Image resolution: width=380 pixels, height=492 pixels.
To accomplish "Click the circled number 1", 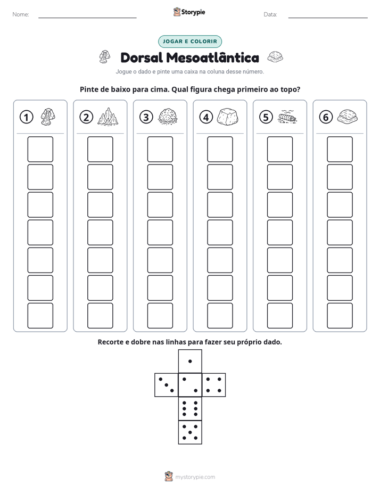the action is click(x=26, y=117).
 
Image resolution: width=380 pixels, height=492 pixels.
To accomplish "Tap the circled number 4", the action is click(x=206, y=117).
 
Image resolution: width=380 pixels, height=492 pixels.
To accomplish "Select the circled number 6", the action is click(x=326, y=117).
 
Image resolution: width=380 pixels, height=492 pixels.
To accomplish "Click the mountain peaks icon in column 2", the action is click(x=108, y=117).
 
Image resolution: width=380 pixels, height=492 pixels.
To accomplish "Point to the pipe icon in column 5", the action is click(x=287, y=117).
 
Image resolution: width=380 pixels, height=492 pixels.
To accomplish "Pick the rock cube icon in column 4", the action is click(x=228, y=117).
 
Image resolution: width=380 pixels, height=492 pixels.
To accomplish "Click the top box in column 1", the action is click(x=40, y=149).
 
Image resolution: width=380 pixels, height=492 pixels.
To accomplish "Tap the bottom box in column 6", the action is click(x=340, y=315).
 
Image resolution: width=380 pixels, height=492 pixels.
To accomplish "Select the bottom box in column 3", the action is click(x=160, y=315).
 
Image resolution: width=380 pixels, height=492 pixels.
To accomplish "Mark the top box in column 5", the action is click(x=279, y=149).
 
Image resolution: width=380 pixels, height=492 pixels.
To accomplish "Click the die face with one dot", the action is click(x=190, y=361).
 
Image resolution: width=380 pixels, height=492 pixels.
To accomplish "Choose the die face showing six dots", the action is click(x=190, y=408).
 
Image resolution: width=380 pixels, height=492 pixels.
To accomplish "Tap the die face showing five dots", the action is click(x=190, y=432).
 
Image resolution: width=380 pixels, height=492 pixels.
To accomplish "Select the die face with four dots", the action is click(x=214, y=385).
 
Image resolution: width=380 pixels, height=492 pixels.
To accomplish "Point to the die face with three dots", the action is click(x=166, y=385).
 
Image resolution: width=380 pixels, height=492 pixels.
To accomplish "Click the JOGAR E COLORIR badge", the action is click(x=190, y=42).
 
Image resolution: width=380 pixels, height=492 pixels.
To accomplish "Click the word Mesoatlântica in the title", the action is click(x=212, y=58).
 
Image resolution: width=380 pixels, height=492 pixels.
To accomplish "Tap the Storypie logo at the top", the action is click(x=189, y=12).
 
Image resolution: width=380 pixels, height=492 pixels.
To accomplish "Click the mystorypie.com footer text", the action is click(x=195, y=477).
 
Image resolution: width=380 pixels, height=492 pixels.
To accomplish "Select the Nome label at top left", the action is click(x=21, y=14).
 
